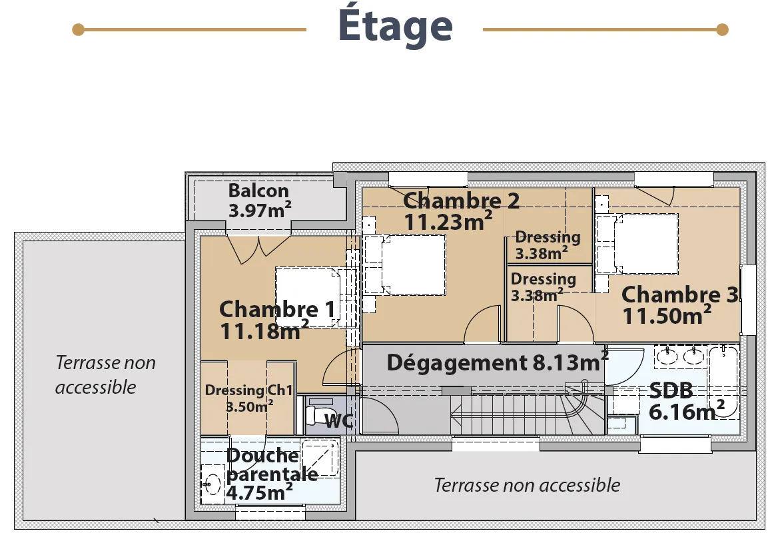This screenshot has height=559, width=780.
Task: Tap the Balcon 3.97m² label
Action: click(x=260, y=201)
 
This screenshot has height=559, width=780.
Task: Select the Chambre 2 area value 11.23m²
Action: click(x=448, y=221)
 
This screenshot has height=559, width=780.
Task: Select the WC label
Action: click(x=339, y=421)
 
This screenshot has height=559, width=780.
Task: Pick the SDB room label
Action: click(x=671, y=390)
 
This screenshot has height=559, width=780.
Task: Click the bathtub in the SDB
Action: click(x=724, y=382)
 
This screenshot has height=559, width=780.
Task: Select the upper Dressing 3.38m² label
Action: click(x=548, y=245)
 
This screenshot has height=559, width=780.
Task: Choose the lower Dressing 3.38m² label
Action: click(x=544, y=286)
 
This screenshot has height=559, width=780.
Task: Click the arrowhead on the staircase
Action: click(x=455, y=414)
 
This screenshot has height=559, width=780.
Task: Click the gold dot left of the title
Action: click(x=78, y=30)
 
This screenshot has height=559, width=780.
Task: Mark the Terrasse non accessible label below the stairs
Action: click(x=528, y=485)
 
